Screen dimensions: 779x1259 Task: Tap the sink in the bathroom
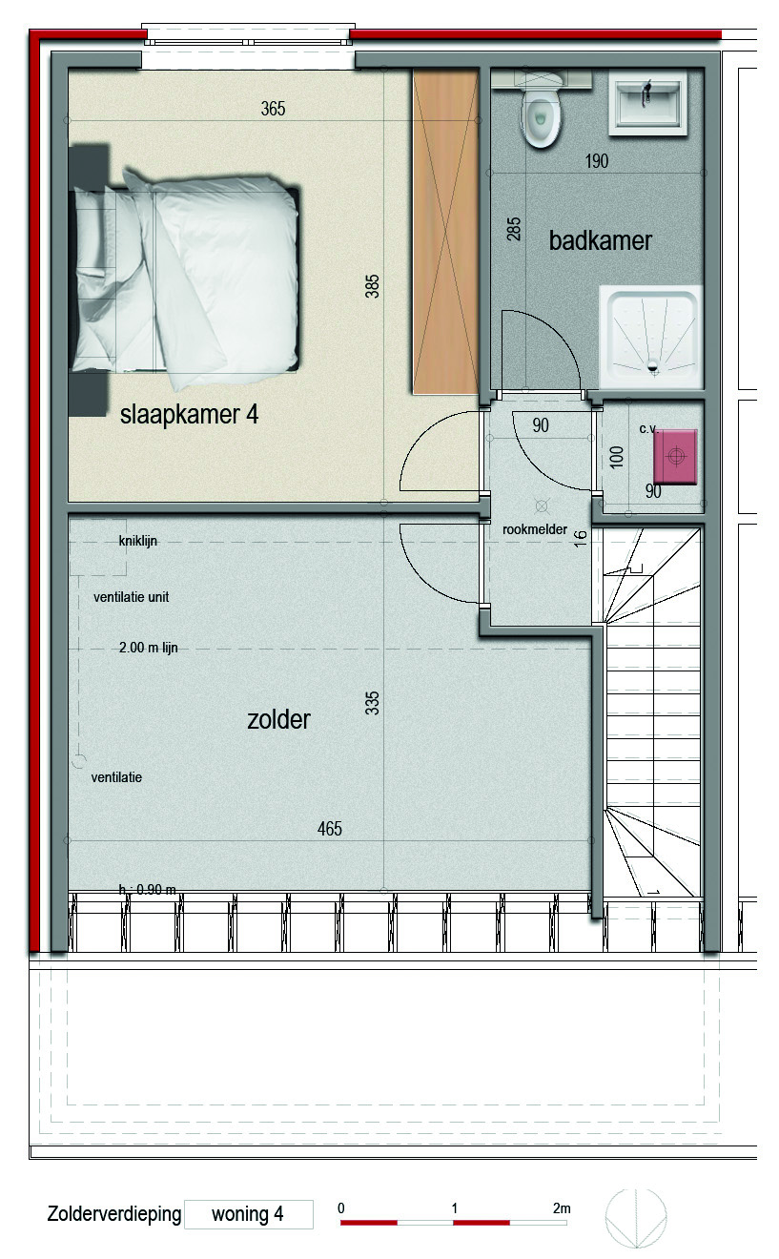click(x=648, y=103)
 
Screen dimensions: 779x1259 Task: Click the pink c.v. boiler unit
click(x=675, y=456)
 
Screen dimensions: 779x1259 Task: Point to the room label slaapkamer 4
click(x=189, y=415)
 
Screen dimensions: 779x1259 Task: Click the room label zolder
click(x=278, y=719)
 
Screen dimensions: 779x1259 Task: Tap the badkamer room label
click(x=601, y=240)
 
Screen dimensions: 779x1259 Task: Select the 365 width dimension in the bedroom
click(x=273, y=109)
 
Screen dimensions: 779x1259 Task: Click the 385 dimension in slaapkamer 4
click(x=372, y=286)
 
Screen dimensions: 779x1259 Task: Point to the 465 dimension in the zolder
click(x=329, y=829)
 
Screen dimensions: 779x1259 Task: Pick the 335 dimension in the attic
click(x=372, y=703)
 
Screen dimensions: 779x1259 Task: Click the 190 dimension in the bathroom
click(x=596, y=161)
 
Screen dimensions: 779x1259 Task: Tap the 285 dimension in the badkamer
click(x=514, y=229)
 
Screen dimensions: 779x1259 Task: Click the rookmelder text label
click(x=535, y=529)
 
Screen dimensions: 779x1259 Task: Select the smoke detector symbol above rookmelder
click(x=542, y=506)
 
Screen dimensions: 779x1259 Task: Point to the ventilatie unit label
click(x=131, y=597)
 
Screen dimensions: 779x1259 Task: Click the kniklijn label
click(x=137, y=541)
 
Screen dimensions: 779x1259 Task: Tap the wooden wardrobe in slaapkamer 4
click(x=445, y=231)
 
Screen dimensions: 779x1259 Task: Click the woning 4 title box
click(x=249, y=1214)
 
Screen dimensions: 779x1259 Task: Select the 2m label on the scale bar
click(x=562, y=1207)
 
